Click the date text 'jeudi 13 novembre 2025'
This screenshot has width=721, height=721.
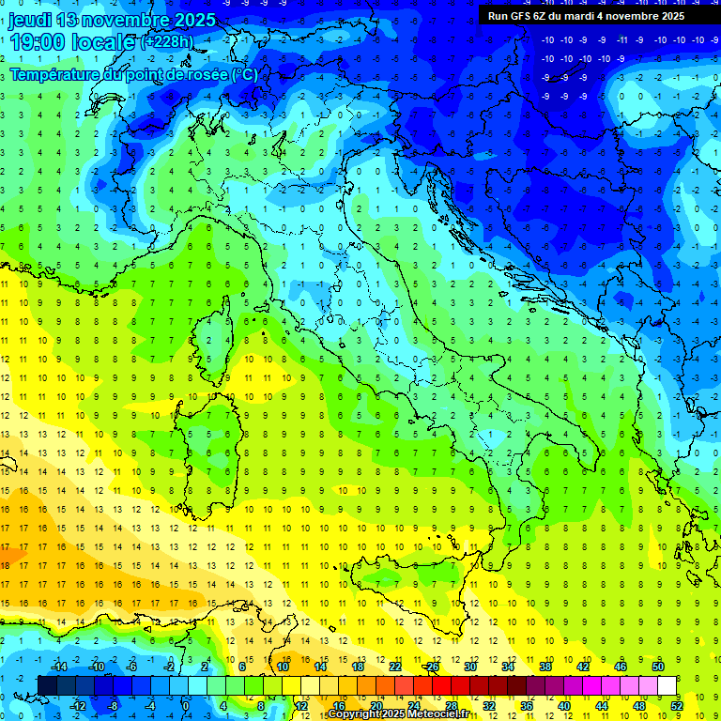point(112,20)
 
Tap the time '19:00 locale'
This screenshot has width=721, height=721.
point(72,42)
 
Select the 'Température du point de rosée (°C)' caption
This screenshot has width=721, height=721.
point(133,73)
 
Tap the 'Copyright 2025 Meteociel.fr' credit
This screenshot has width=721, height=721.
point(398,714)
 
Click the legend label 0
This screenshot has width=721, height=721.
point(185,706)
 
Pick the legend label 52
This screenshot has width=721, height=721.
point(677,706)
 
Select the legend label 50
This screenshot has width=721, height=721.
point(657,667)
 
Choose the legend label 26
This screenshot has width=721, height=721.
point(432,667)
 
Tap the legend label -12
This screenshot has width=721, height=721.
point(78,706)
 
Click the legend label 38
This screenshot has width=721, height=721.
point(545,667)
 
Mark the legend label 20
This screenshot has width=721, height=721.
point(376,706)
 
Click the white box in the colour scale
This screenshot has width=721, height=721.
point(667,685)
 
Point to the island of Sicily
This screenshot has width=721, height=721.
point(413,587)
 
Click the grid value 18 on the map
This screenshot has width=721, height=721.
point(5,565)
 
